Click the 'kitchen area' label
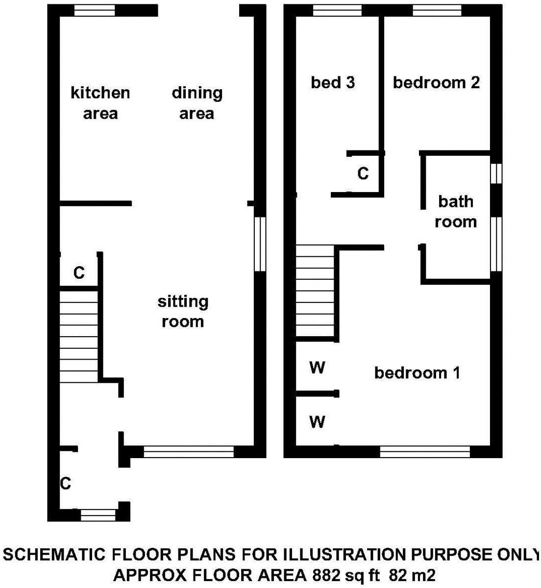click(100, 103)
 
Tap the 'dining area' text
click(197, 103)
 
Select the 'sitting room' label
click(183, 311)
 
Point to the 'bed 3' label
click(333, 82)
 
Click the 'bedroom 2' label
click(436, 82)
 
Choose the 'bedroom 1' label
click(417, 373)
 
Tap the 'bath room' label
click(456, 211)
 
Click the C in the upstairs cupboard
click(363, 173)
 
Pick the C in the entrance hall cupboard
click(66, 484)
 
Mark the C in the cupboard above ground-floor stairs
click(79, 272)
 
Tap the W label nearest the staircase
click(317, 367)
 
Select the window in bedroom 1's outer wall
click(425, 451)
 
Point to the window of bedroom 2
click(437, 10)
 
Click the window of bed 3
click(337, 10)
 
